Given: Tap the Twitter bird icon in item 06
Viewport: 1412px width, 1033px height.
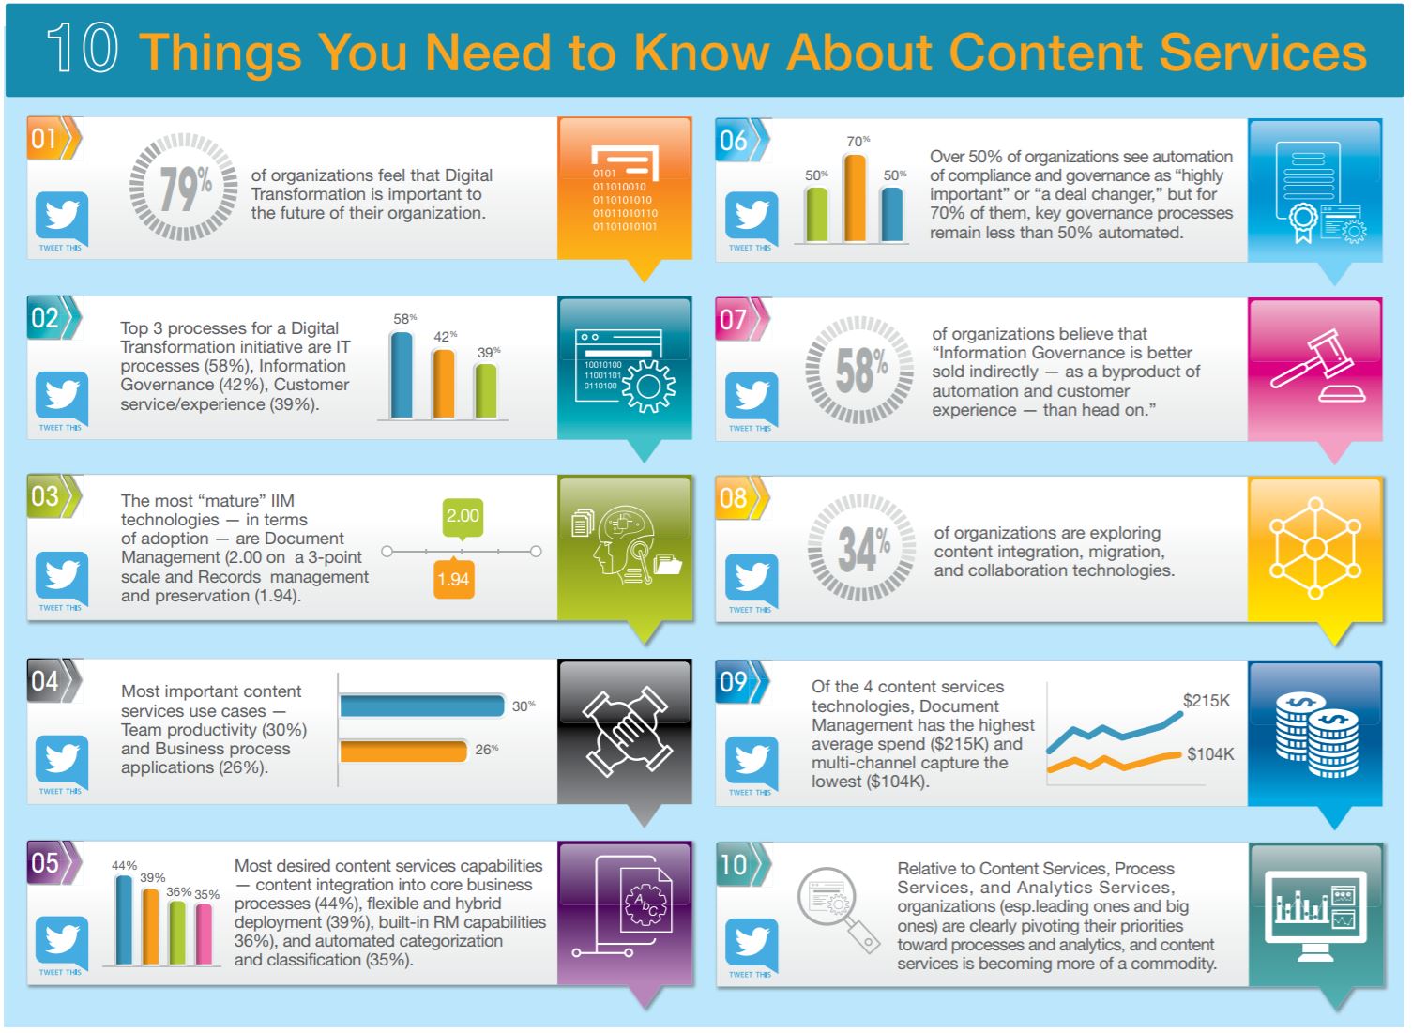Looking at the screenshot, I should [752, 216].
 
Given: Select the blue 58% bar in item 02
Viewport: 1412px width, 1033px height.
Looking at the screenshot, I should [402, 374].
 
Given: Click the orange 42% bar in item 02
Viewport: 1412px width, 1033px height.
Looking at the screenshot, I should [443, 384].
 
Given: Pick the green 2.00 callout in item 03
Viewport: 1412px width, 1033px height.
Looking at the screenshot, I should [463, 517].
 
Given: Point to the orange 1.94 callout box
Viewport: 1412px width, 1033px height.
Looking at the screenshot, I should [453, 579].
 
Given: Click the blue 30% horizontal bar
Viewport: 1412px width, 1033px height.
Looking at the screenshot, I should [422, 706].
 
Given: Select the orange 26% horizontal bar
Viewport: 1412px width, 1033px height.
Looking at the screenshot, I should [403, 751].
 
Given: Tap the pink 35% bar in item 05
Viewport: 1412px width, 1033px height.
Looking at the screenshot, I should [204, 934].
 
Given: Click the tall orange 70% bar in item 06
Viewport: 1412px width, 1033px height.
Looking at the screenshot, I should [854, 198].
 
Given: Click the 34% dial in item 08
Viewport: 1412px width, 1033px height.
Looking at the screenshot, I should [861, 548].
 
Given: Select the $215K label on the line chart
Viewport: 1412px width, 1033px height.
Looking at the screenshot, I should [1207, 701].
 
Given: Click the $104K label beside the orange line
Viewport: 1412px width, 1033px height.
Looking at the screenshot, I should [1210, 754].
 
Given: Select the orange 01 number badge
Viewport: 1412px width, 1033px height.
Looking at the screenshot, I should [47, 139].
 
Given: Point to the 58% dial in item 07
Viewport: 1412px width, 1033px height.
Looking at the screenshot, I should [859, 370].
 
